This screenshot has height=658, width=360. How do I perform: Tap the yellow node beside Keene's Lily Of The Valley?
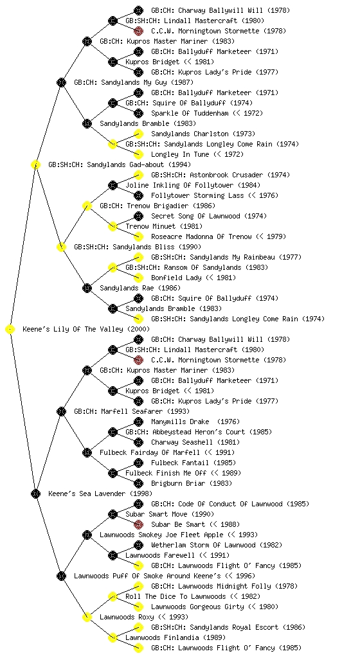(10, 330)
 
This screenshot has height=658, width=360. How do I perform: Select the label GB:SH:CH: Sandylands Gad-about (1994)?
(120, 164)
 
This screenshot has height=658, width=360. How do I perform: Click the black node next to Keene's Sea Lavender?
(35, 494)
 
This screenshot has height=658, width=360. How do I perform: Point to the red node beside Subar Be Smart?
(138, 524)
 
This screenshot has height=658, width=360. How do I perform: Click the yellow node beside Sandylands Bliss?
(61, 247)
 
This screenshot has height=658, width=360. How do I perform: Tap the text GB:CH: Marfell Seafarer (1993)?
(132, 411)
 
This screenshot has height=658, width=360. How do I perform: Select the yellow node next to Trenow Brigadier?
(87, 206)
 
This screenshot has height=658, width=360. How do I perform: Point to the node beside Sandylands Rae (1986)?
(87, 289)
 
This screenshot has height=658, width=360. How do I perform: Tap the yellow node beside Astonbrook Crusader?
(138, 175)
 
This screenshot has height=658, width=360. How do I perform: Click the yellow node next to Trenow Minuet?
(113, 227)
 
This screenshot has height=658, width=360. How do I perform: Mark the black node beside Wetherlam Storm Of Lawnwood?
(138, 545)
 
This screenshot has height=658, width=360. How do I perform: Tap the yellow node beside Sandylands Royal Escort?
(138, 627)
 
